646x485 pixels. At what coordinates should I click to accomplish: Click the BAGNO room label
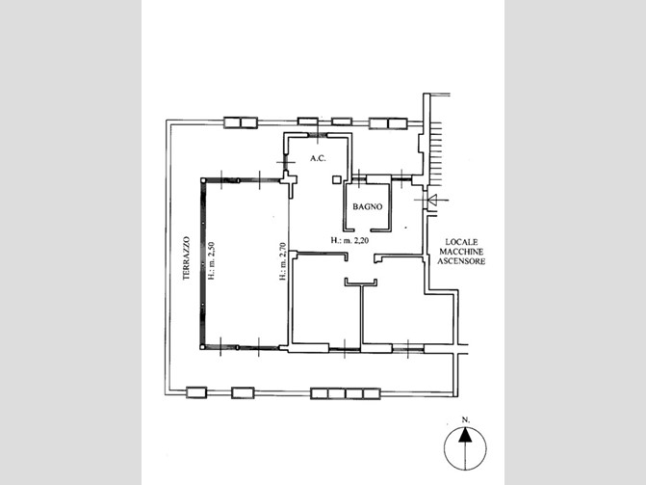click(x=368, y=206)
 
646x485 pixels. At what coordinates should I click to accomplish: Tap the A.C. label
click(x=318, y=158)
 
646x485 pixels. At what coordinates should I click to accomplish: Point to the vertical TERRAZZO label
click(x=186, y=258)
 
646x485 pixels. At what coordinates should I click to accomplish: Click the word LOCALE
click(x=461, y=242)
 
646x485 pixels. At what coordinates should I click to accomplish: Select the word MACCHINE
click(x=461, y=252)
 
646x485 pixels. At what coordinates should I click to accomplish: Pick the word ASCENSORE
click(x=461, y=261)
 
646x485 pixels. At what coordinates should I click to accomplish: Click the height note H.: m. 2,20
click(x=349, y=240)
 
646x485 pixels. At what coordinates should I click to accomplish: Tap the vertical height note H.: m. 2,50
click(x=212, y=261)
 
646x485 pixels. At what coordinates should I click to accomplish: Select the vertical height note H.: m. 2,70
click(x=283, y=261)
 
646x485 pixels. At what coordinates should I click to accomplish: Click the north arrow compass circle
click(x=465, y=449)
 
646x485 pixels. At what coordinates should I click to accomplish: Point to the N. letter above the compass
click(x=466, y=419)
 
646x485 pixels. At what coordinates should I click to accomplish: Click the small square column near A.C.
click(x=337, y=179)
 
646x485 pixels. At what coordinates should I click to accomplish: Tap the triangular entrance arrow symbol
click(x=433, y=201)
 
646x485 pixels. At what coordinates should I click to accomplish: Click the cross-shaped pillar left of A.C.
click(x=289, y=180)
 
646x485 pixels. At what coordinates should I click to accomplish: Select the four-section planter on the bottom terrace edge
click(x=346, y=393)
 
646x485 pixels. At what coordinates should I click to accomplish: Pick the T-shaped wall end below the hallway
click(x=361, y=283)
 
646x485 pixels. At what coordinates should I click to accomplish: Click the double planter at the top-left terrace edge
click(x=241, y=122)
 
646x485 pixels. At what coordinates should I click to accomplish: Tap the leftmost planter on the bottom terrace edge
click(x=196, y=392)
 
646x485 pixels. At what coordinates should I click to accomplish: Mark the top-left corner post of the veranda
click(x=203, y=180)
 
